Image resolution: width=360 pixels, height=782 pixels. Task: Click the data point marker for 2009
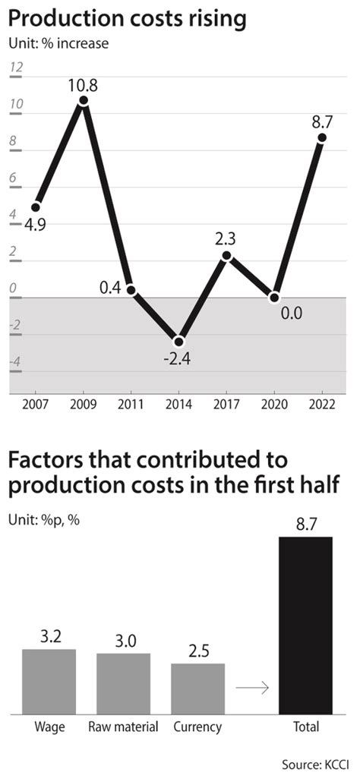(x=84, y=100)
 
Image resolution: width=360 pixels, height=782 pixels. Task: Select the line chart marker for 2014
(x=178, y=341)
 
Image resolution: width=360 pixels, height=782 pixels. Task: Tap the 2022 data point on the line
(x=322, y=137)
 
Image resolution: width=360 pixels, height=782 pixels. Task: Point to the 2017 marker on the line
(x=226, y=256)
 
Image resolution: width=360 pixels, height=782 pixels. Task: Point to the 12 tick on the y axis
(x=16, y=68)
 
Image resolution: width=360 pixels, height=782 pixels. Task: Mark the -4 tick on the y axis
(x=14, y=362)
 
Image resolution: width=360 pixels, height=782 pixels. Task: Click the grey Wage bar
(x=49, y=681)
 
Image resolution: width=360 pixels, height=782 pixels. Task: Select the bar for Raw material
(x=123, y=683)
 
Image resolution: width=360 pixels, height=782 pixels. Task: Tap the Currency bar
(x=197, y=689)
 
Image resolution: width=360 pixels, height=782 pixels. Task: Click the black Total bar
(x=306, y=626)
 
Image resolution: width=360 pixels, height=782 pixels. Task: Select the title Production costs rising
(x=128, y=18)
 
